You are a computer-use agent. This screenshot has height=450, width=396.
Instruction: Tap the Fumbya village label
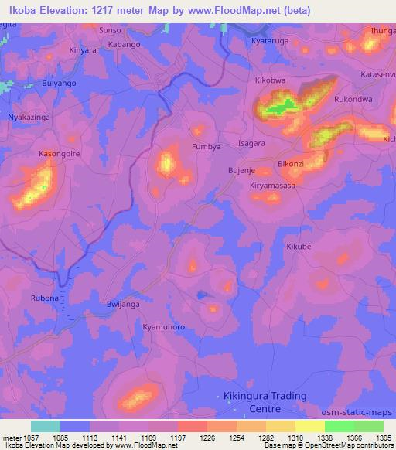coord(207,146)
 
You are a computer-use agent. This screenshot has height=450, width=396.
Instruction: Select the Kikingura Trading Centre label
coord(261,402)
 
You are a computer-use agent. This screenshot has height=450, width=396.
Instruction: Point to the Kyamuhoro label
coord(164,327)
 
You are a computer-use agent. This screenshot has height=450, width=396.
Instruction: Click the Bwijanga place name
coord(123,305)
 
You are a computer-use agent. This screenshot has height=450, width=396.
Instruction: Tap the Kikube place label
coord(299,247)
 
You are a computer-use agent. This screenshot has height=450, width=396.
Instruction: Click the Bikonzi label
coord(291,165)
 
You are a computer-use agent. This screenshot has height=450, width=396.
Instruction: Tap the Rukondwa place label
coord(353,99)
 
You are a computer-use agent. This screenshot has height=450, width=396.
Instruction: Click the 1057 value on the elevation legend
coord(25,438)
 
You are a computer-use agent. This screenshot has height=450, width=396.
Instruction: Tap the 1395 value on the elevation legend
coord(382,438)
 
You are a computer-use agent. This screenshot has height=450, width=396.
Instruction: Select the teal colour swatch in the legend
coord(45,426)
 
